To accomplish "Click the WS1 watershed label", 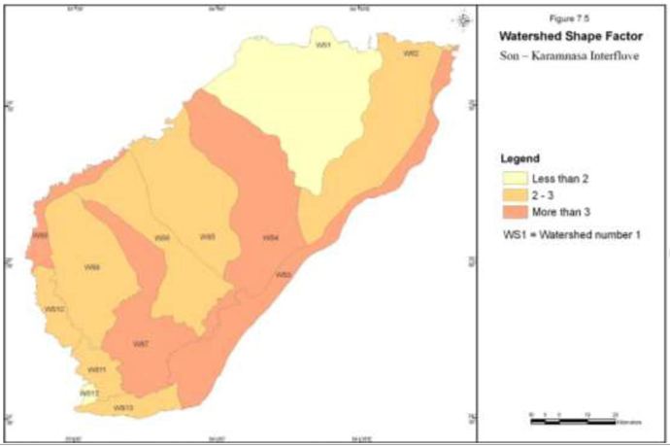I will point(322,45).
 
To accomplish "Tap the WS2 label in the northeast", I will point(412,54).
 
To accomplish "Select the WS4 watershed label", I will point(272,238).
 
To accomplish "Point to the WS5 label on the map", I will point(207,237).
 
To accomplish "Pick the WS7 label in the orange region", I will point(141,344).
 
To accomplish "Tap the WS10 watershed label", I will point(54,309).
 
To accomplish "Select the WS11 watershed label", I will point(96,369).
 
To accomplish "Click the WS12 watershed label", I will point(89,393).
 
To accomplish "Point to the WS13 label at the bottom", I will point(122,407).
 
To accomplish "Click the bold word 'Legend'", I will point(519,157).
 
